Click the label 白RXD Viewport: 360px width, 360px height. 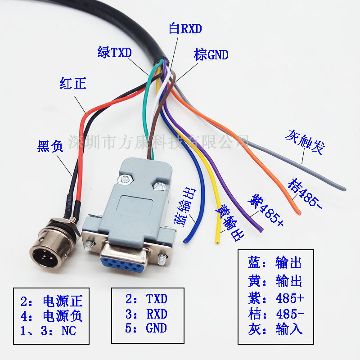(x=185, y=29)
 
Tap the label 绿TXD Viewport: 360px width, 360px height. (x=114, y=53)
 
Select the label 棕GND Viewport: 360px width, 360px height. (x=211, y=55)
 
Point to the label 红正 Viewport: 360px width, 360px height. (x=73, y=83)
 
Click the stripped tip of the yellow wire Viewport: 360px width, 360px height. (x=217, y=241)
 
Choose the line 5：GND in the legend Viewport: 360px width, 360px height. (x=146, y=328)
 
